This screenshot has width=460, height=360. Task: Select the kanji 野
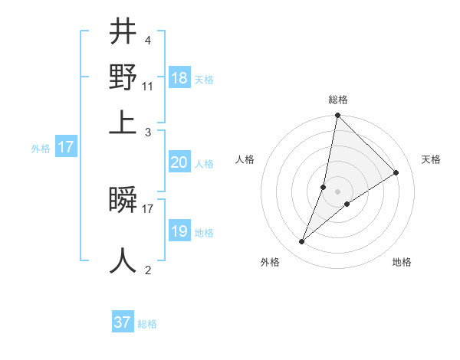tap(123, 77)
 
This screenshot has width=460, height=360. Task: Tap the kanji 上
tap(123, 120)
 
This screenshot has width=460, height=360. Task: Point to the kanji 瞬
tap(123, 201)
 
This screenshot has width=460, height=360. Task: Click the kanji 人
tap(123, 260)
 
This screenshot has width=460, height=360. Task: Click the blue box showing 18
tap(179, 78)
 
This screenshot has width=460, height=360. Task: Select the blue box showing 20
tap(179, 162)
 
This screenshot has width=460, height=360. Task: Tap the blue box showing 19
tap(179, 231)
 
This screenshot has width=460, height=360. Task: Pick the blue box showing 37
tap(123, 322)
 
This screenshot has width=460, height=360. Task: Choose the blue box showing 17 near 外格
tap(66, 147)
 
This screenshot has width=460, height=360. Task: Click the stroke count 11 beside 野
tap(147, 87)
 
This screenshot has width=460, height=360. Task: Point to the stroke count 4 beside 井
tap(147, 40)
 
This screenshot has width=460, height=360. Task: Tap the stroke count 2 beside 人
tap(147, 270)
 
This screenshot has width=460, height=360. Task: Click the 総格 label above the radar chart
tap(338, 100)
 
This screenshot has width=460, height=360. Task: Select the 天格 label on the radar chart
tap(431, 159)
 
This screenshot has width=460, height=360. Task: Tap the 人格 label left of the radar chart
tap(245, 159)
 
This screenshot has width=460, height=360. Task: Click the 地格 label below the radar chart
tap(402, 262)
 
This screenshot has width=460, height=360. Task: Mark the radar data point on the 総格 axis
tap(338, 116)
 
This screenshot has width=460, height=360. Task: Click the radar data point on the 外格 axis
tap(302, 242)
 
